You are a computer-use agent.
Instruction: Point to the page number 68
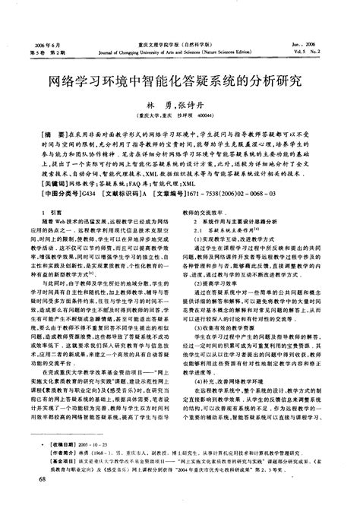(31, 501)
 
